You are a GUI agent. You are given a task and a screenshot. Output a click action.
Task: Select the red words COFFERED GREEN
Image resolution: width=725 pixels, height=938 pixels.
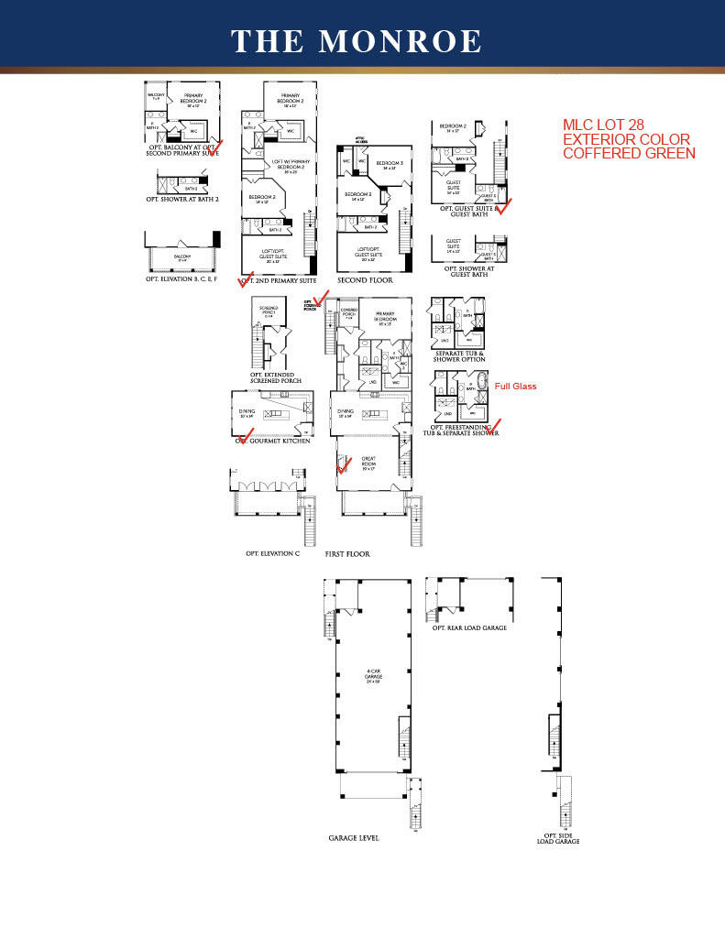click(629, 153)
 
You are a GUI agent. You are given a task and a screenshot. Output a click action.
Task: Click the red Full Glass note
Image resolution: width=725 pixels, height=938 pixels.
click(515, 387)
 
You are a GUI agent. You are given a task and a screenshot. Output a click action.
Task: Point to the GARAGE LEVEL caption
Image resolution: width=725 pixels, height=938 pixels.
click(354, 838)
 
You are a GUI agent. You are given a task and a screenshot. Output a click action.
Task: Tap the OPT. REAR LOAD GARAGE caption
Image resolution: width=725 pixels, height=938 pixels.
click(469, 627)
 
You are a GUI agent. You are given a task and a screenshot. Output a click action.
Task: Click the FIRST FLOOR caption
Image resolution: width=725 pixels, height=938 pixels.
click(347, 554)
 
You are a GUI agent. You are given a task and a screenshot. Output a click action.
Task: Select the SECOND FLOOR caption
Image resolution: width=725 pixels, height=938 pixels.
click(365, 279)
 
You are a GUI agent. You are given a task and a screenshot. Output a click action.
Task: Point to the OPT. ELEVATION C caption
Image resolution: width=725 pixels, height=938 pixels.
click(272, 553)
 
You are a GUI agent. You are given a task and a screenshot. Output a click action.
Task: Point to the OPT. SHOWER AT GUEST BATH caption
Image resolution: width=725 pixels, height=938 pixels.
click(470, 271)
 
